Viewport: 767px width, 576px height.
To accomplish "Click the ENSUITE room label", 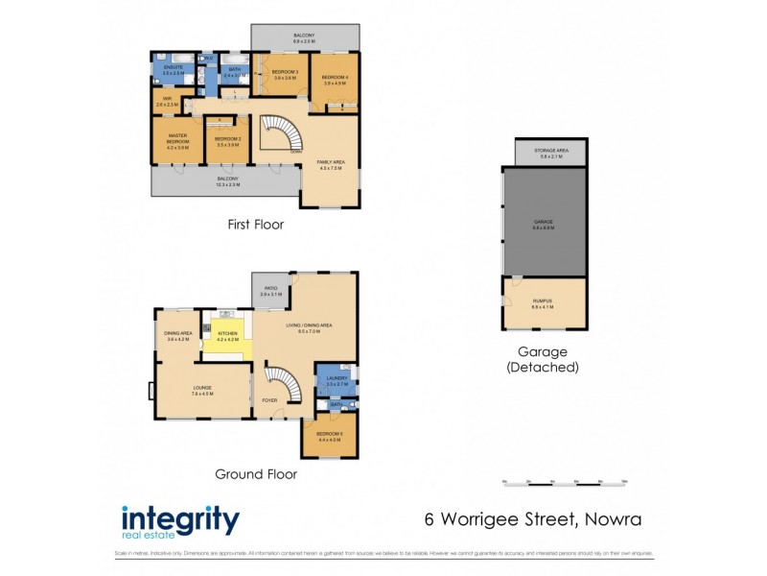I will pyautogui.click(x=173, y=70).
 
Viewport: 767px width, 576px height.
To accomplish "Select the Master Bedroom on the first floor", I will pyautogui.click(x=177, y=142).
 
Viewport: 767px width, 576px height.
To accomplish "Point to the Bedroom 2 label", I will pyautogui.click(x=227, y=142).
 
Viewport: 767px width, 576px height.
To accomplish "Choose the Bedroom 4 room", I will pyautogui.click(x=334, y=80).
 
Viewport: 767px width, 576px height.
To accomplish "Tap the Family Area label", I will pyautogui.click(x=331, y=165).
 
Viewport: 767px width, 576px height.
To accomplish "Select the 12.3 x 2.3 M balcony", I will pyautogui.click(x=227, y=181).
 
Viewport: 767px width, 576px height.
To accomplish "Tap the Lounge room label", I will pyautogui.click(x=201, y=390).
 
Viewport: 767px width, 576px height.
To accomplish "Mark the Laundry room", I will pyautogui.click(x=336, y=381).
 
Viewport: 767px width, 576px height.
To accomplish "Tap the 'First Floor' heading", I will pyautogui.click(x=255, y=225).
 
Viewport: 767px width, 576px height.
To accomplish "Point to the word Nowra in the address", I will pyautogui.click(x=608, y=520).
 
